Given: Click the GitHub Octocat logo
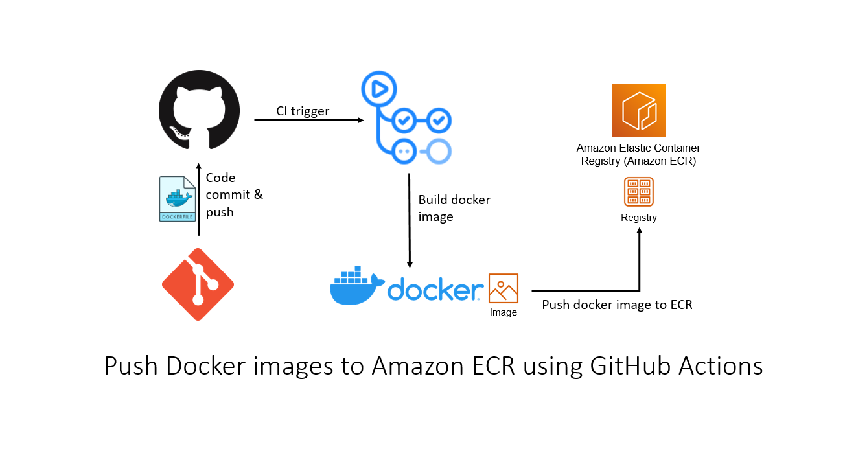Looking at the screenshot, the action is [199, 110].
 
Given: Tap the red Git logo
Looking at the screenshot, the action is [198, 284].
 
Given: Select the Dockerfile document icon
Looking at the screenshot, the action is [178, 199].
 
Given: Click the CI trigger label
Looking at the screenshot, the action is [303, 111].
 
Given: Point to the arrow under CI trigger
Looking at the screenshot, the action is [309, 120].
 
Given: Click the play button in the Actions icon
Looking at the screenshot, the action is [379, 89].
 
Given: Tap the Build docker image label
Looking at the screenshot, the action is [454, 208].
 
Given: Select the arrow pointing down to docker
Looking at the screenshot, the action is [410, 221].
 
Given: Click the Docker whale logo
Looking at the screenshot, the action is [357, 285].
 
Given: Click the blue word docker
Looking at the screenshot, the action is [435, 289].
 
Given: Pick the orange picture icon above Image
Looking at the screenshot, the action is [504, 288].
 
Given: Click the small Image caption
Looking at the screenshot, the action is [504, 312].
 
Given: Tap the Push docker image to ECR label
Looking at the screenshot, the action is [617, 305].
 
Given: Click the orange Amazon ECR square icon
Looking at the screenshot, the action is [639, 110].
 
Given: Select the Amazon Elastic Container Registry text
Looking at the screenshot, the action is [638, 154].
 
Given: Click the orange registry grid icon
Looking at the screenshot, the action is [639, 192].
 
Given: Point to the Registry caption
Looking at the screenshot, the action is [639, 218].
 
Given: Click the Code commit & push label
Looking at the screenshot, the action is [235, 194].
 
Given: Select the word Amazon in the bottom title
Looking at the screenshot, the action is [417, 366].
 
